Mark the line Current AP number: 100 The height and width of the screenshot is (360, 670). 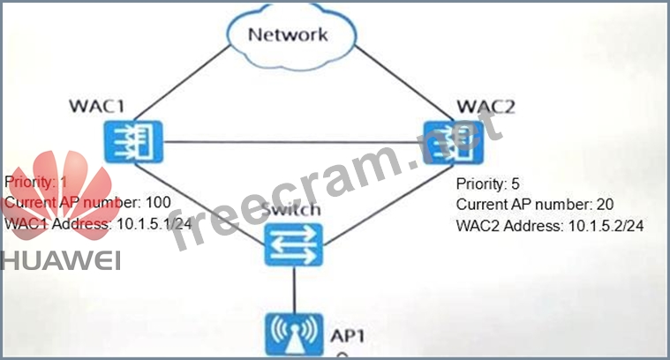pos(87,202)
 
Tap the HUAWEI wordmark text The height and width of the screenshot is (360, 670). pos(60,258)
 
